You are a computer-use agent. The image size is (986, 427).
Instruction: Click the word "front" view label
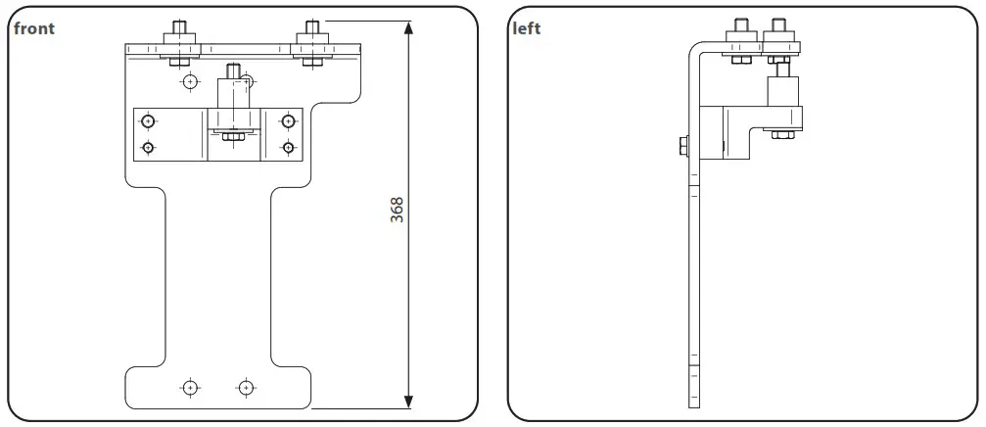(x=34, y=28)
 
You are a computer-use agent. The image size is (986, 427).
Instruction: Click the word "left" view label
(x=526, y=28)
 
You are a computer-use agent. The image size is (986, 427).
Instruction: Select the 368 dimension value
(x=397, y=211)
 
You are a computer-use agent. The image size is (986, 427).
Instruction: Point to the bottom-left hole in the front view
(x=190, y=387)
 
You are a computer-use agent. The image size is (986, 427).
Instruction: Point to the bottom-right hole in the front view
(x=246, y=387)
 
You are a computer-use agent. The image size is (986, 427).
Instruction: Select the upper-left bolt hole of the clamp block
(x=148, y=121)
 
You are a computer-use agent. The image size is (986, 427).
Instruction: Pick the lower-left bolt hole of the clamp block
(x=148, y=148)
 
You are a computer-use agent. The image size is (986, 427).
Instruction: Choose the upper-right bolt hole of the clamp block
(x=288, y=121)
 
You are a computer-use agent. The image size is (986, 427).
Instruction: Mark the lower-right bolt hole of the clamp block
(x=288, y=148)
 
